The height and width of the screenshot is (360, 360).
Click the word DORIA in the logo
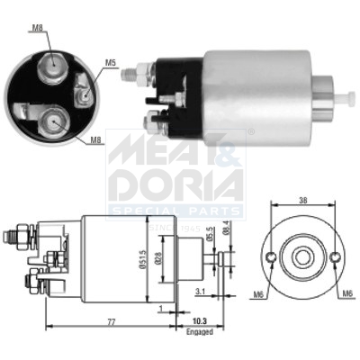175,182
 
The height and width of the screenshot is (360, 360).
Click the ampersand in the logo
229,148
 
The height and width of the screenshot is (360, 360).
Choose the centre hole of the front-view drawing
301,256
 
